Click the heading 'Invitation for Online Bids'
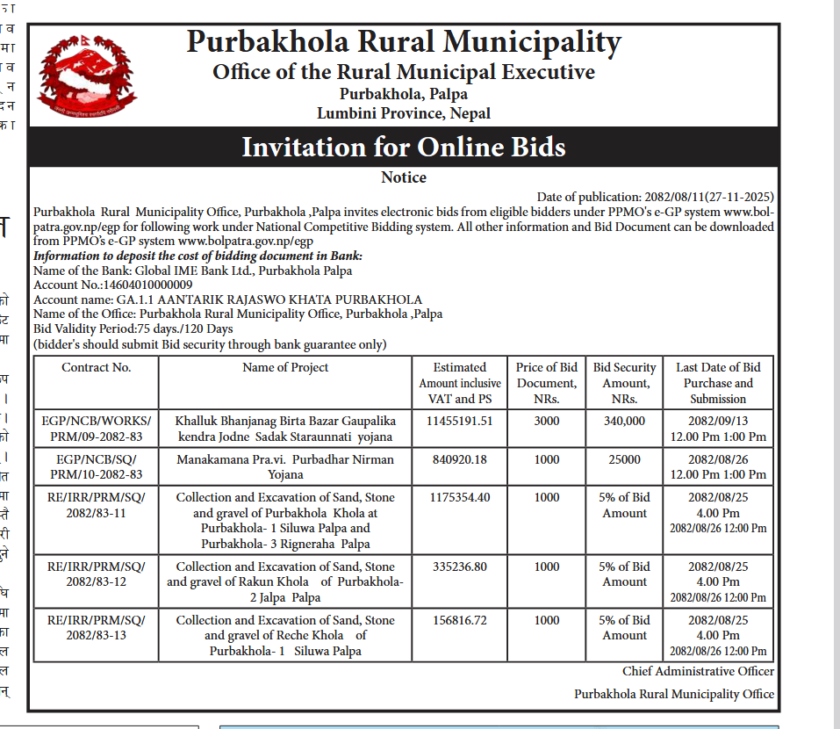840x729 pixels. click(404, 146)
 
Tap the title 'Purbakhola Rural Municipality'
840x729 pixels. click(404, 42)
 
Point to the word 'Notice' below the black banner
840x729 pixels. click(404, 177)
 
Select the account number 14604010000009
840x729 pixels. click(148, 285)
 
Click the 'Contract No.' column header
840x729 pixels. click(97, 368)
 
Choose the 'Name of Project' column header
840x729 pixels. click(285, 368)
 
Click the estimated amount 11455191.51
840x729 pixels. click(460, 421)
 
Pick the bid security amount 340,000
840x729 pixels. click(625, 421)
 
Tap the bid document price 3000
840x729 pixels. click(547, 421)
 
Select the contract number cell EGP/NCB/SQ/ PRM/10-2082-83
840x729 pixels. click(97, 466)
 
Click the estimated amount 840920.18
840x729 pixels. click(460, 459)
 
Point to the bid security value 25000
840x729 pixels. click(625, 459)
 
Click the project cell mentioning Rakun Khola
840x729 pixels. click(285, 581)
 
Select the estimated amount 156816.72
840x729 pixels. click(460, 620)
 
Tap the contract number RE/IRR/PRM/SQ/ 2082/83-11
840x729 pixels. click(97, 505)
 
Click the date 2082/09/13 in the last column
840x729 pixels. click(718, 421)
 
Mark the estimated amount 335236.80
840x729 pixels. click(460, 567)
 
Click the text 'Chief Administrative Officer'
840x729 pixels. click(698, 671)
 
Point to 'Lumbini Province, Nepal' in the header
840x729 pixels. click(404, 113)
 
